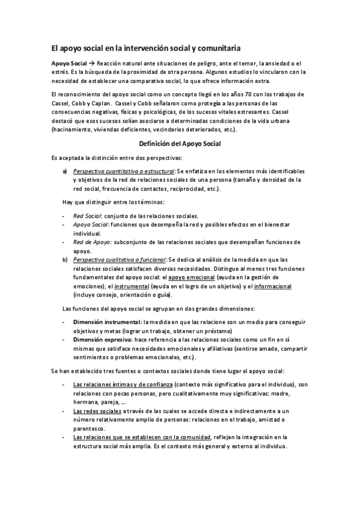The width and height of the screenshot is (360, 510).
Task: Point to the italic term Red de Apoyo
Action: point(88,242)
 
